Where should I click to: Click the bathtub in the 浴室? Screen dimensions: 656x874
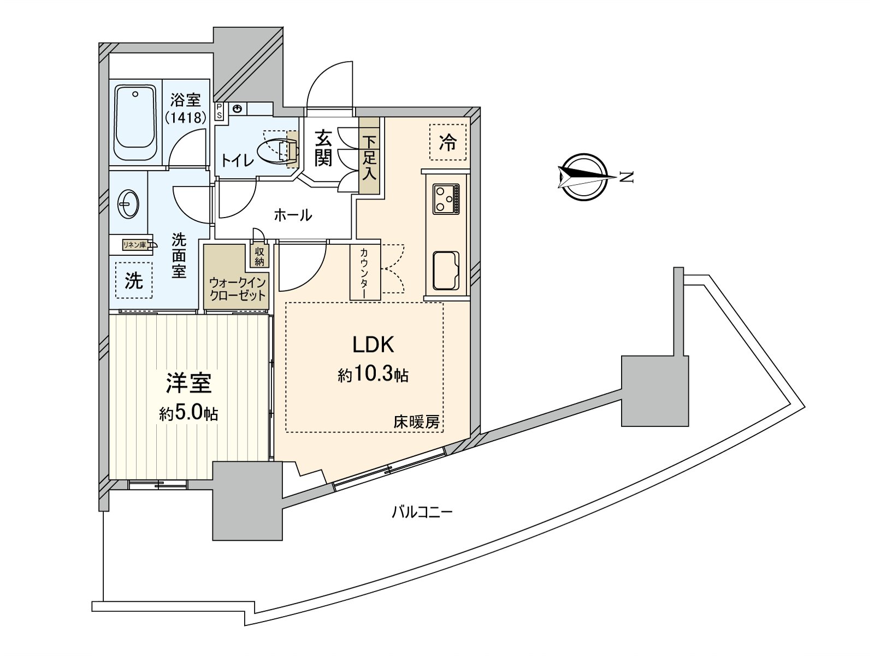(x=134, y=124)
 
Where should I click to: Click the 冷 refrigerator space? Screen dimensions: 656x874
(x=448, y=142)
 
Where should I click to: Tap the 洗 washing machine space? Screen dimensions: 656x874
(x=134, y=280)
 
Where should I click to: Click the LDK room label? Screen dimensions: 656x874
(x=373, y=344)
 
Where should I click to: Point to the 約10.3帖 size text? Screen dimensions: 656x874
(x=373, y=375)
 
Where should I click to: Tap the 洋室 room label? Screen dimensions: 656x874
(x=189, y=384)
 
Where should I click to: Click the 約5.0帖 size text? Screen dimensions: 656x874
(x=189, y=413)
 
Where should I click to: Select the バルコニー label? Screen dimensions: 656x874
(x=422, y=512)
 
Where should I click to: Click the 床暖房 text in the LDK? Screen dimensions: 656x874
(x=417, y=422)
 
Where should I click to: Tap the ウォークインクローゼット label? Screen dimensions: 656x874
(x=237, y=288)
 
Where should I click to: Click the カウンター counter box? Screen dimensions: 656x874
(x=365, y=272)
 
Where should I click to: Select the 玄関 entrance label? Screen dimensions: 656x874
(x=323, y=148)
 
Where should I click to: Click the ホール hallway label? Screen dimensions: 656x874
(x=293, y=215)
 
